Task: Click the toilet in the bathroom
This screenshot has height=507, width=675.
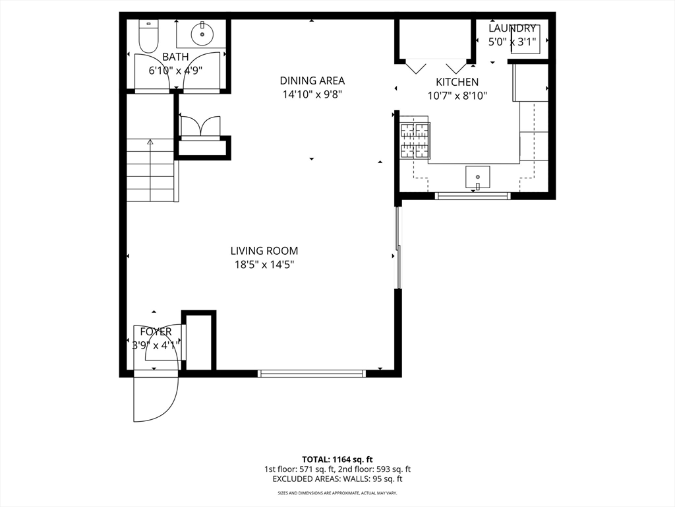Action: click(149, 36)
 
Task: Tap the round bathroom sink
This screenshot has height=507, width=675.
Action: click(201, 31)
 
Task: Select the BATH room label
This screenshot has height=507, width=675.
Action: click(175, 57)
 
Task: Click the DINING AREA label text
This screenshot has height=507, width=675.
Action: click(312, 81)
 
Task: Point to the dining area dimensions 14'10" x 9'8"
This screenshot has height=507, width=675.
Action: click(312, 94)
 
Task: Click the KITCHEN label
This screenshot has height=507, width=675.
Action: click(457, 83)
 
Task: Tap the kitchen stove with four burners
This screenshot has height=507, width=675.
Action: click(415, 141)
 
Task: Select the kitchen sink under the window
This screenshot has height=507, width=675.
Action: click(477, 177)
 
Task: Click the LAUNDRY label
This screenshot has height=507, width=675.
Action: click(512, 28)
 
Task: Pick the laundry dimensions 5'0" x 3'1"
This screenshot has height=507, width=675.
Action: click(512, 42)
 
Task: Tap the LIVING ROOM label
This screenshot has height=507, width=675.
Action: click(264, 251)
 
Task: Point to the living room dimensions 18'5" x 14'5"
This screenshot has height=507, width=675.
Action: click(264, 265)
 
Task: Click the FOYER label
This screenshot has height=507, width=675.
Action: click(156, 331)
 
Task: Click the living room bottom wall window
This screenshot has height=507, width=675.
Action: click(312, 374)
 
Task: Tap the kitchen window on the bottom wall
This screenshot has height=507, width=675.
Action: click(473, 195)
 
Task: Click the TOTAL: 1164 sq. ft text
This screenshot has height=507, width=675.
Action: click(337, 459)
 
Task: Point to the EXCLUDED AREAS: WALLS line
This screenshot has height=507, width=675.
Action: click(337, 479)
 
